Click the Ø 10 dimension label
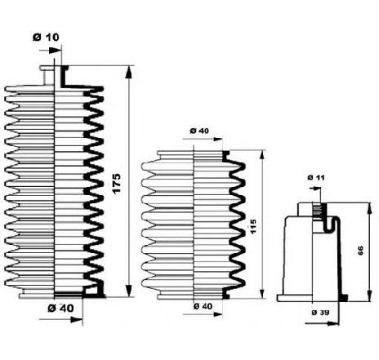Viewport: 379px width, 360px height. (46, 37)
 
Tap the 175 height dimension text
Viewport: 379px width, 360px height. (116, 184)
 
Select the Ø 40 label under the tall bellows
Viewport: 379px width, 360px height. (60, 308)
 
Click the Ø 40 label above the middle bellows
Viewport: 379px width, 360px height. (199, 131)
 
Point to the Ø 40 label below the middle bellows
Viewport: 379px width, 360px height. (203, 306)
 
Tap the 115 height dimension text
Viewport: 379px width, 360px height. (252, 227)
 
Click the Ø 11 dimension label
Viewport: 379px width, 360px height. (316, 177)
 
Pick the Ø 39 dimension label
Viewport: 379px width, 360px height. (320, 313)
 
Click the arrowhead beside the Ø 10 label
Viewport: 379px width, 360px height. (55, 51)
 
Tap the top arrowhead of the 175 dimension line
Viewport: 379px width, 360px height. (129, 72)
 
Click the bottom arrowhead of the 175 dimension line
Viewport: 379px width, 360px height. (129, 291)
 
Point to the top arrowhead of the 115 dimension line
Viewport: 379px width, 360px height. (262, 156)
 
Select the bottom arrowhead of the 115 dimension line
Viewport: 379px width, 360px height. (262, 293)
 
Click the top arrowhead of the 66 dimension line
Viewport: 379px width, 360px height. (369, 208)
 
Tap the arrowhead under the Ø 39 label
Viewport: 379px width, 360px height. (333, 323)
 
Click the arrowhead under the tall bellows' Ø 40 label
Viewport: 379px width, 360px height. (76, 319)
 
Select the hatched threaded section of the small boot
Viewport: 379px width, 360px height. (317, 210)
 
